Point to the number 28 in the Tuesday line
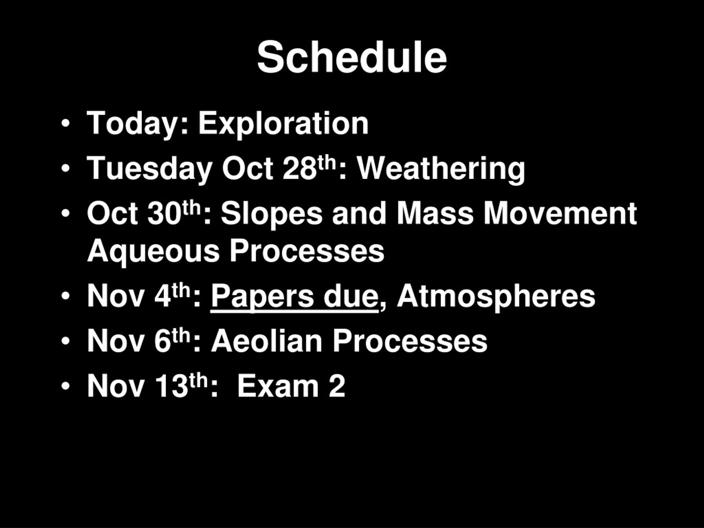click(x=299, y=169)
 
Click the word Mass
click(x=435, y=213)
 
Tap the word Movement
click(x=560, y=213)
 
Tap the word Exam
click(x=278, y=386)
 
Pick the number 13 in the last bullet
click(x=172, y=386)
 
